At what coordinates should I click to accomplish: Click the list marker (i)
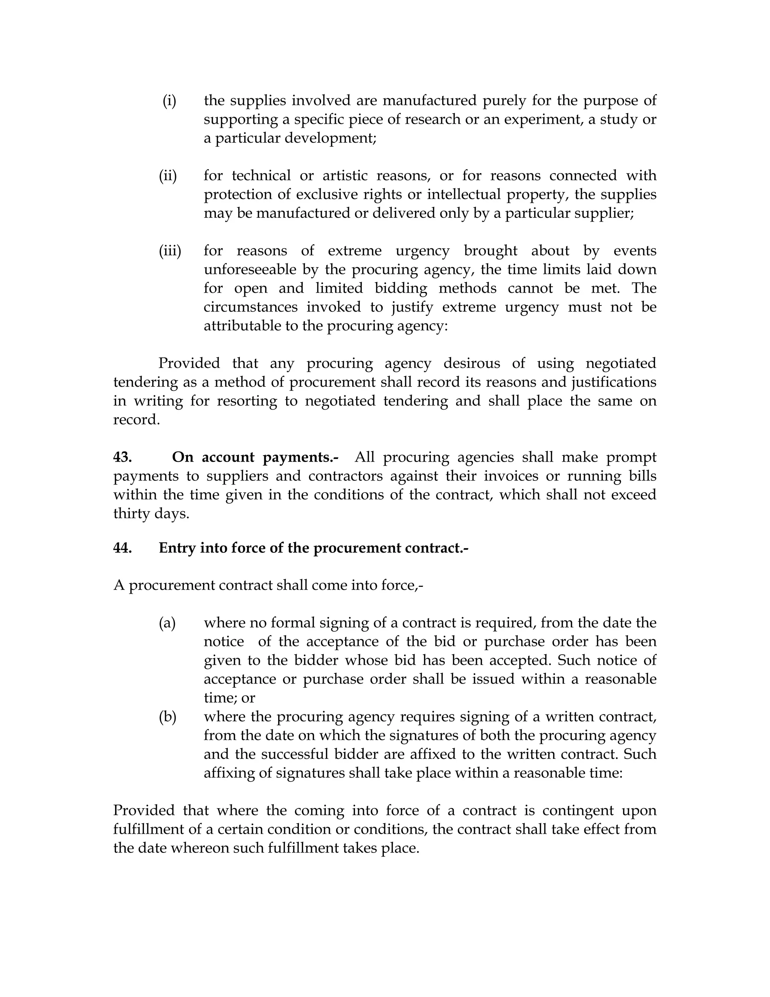(x=169, y=100)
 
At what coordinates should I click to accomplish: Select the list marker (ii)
(x=168, y=176)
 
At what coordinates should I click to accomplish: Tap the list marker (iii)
(x=170, y=251)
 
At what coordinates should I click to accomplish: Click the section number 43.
(x=123, y=457)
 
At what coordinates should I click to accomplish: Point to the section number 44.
(x=123, y=548)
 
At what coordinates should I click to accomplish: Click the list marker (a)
(x=167, y=623)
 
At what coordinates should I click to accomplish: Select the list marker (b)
(x=167, y=717)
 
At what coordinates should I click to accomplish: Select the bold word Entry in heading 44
(x=177, y=548)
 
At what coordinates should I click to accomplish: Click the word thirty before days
(x=131, y=514)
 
